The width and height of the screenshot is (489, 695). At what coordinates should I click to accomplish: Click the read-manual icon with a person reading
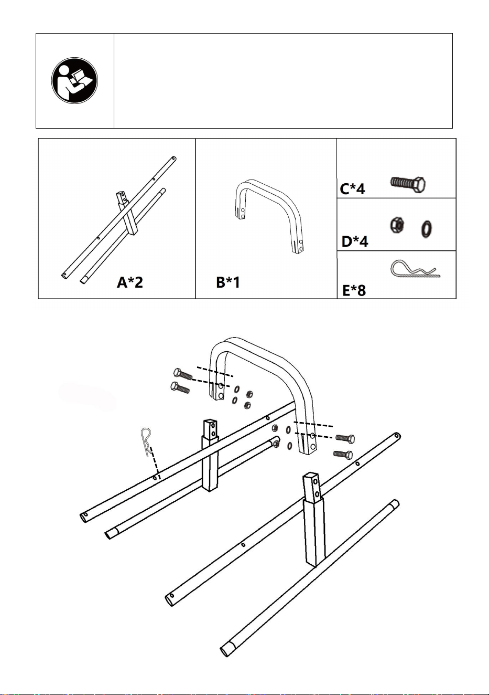click(74, 80)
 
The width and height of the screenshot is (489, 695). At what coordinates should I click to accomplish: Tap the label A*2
click(130, 282)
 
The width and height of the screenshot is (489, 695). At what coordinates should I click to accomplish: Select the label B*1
click(228, 282)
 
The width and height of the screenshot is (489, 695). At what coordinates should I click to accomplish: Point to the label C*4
click(352, 188)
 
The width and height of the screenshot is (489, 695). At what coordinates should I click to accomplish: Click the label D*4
click(355, 241)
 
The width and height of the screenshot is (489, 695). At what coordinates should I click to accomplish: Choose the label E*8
click(354, 290)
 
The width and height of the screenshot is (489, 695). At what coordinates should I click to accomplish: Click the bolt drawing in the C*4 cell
click(408, 184)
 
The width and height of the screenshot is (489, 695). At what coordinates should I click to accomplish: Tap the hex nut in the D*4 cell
click(397, 225)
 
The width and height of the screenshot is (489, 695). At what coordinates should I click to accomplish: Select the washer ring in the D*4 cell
click(427, 229)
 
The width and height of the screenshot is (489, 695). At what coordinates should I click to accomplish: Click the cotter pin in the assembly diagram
click(146, 441)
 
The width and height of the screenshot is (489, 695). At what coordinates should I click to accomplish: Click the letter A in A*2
click(122, 282)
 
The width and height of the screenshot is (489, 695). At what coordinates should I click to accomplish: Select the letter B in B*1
click(221, 282)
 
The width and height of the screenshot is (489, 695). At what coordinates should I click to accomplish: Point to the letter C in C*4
click(344, 189)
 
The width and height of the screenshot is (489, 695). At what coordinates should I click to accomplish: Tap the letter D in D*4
click(346, 241)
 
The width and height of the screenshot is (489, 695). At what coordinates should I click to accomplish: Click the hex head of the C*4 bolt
click(419, 185)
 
